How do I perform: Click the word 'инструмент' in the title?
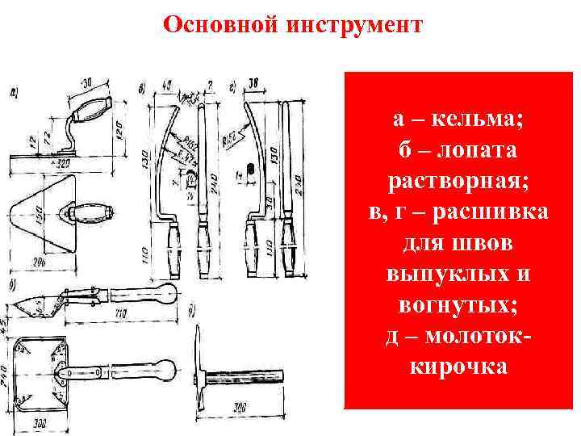pos(353,25)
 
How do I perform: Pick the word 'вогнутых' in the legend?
pos(457,304)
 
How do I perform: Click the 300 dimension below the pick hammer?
pos(240,410)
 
